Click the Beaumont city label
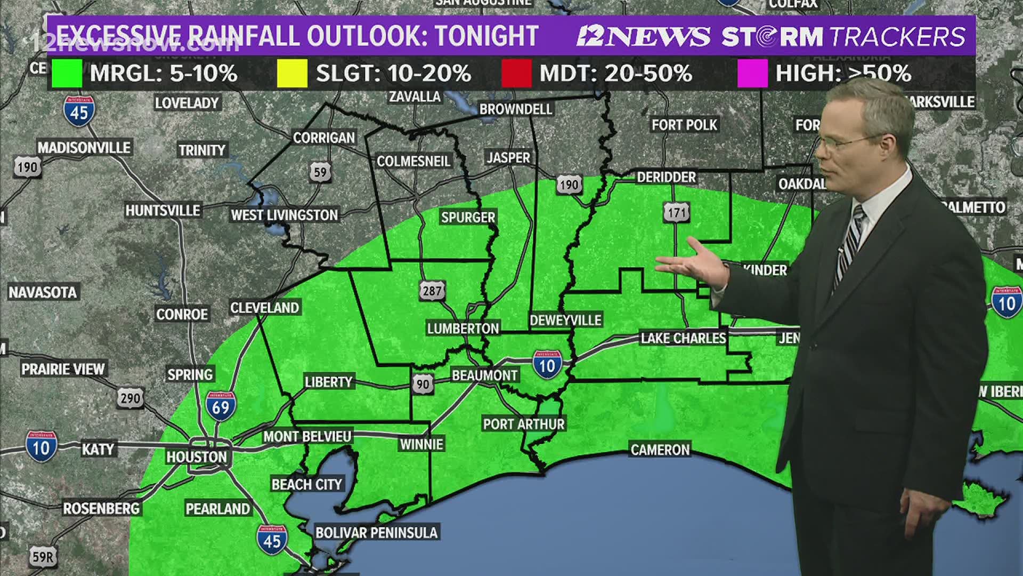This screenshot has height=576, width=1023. pyautogui.click(x=484, y=375)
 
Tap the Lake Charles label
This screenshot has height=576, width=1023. pyautogui.click(x=683, y=338)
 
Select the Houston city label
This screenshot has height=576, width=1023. pyautogui.click(x=197, y=457)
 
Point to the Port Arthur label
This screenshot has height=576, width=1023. pyautogui.click(x=523, y=424)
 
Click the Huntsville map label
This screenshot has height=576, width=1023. pyautogui.click(x=163, y=211)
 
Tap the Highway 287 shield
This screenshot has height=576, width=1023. pyautogui.click(x=432, y=291)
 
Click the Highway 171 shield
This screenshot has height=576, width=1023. pyautogui.click(x=677, y=213)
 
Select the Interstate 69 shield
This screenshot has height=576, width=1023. pyautogui.click(x=221, y=406)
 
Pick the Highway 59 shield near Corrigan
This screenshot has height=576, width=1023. pyautogui.click(x=320, y=172)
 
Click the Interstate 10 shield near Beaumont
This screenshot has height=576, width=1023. pyautogui.click(x=547, y=365)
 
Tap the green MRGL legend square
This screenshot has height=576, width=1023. pyautogui.click(x=67, y=73)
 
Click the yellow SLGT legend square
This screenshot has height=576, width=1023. pyautogui.click(x=293, y=73)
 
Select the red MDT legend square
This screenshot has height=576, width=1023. pyautogui.click(x=516, y=73)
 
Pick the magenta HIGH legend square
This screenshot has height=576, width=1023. pyautogui.click(x=752, y=73)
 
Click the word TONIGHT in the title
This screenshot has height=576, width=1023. pyautogui.click(x=486, y=36)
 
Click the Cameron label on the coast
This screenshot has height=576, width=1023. pyautogui.click(x=660, y=450)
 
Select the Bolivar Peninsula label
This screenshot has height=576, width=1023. pyautogui.click(x=376, y=532)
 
